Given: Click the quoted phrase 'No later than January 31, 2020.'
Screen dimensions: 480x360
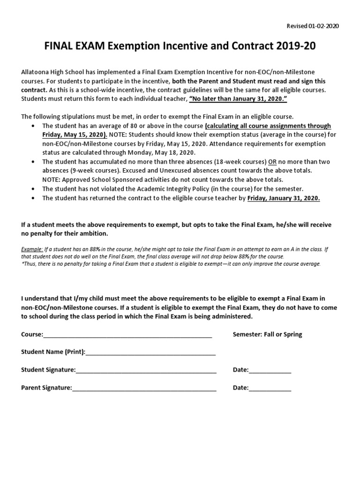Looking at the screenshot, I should (x=238, y=99).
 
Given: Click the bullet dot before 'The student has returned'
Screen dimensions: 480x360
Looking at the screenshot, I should (x=32, y=198).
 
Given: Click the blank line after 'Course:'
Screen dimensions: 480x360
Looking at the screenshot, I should (x=127, y=335).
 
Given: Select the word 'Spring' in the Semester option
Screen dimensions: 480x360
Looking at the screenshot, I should (x=292, y=334).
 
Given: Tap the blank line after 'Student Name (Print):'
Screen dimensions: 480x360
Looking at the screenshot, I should (x=150, y=353).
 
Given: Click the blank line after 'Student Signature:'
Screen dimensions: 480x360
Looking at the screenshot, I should (x=146, y=371).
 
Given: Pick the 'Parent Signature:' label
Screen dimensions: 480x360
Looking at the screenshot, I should (x=46, y=388).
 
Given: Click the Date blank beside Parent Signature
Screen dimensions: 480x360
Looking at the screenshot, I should (x=270, y=389).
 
